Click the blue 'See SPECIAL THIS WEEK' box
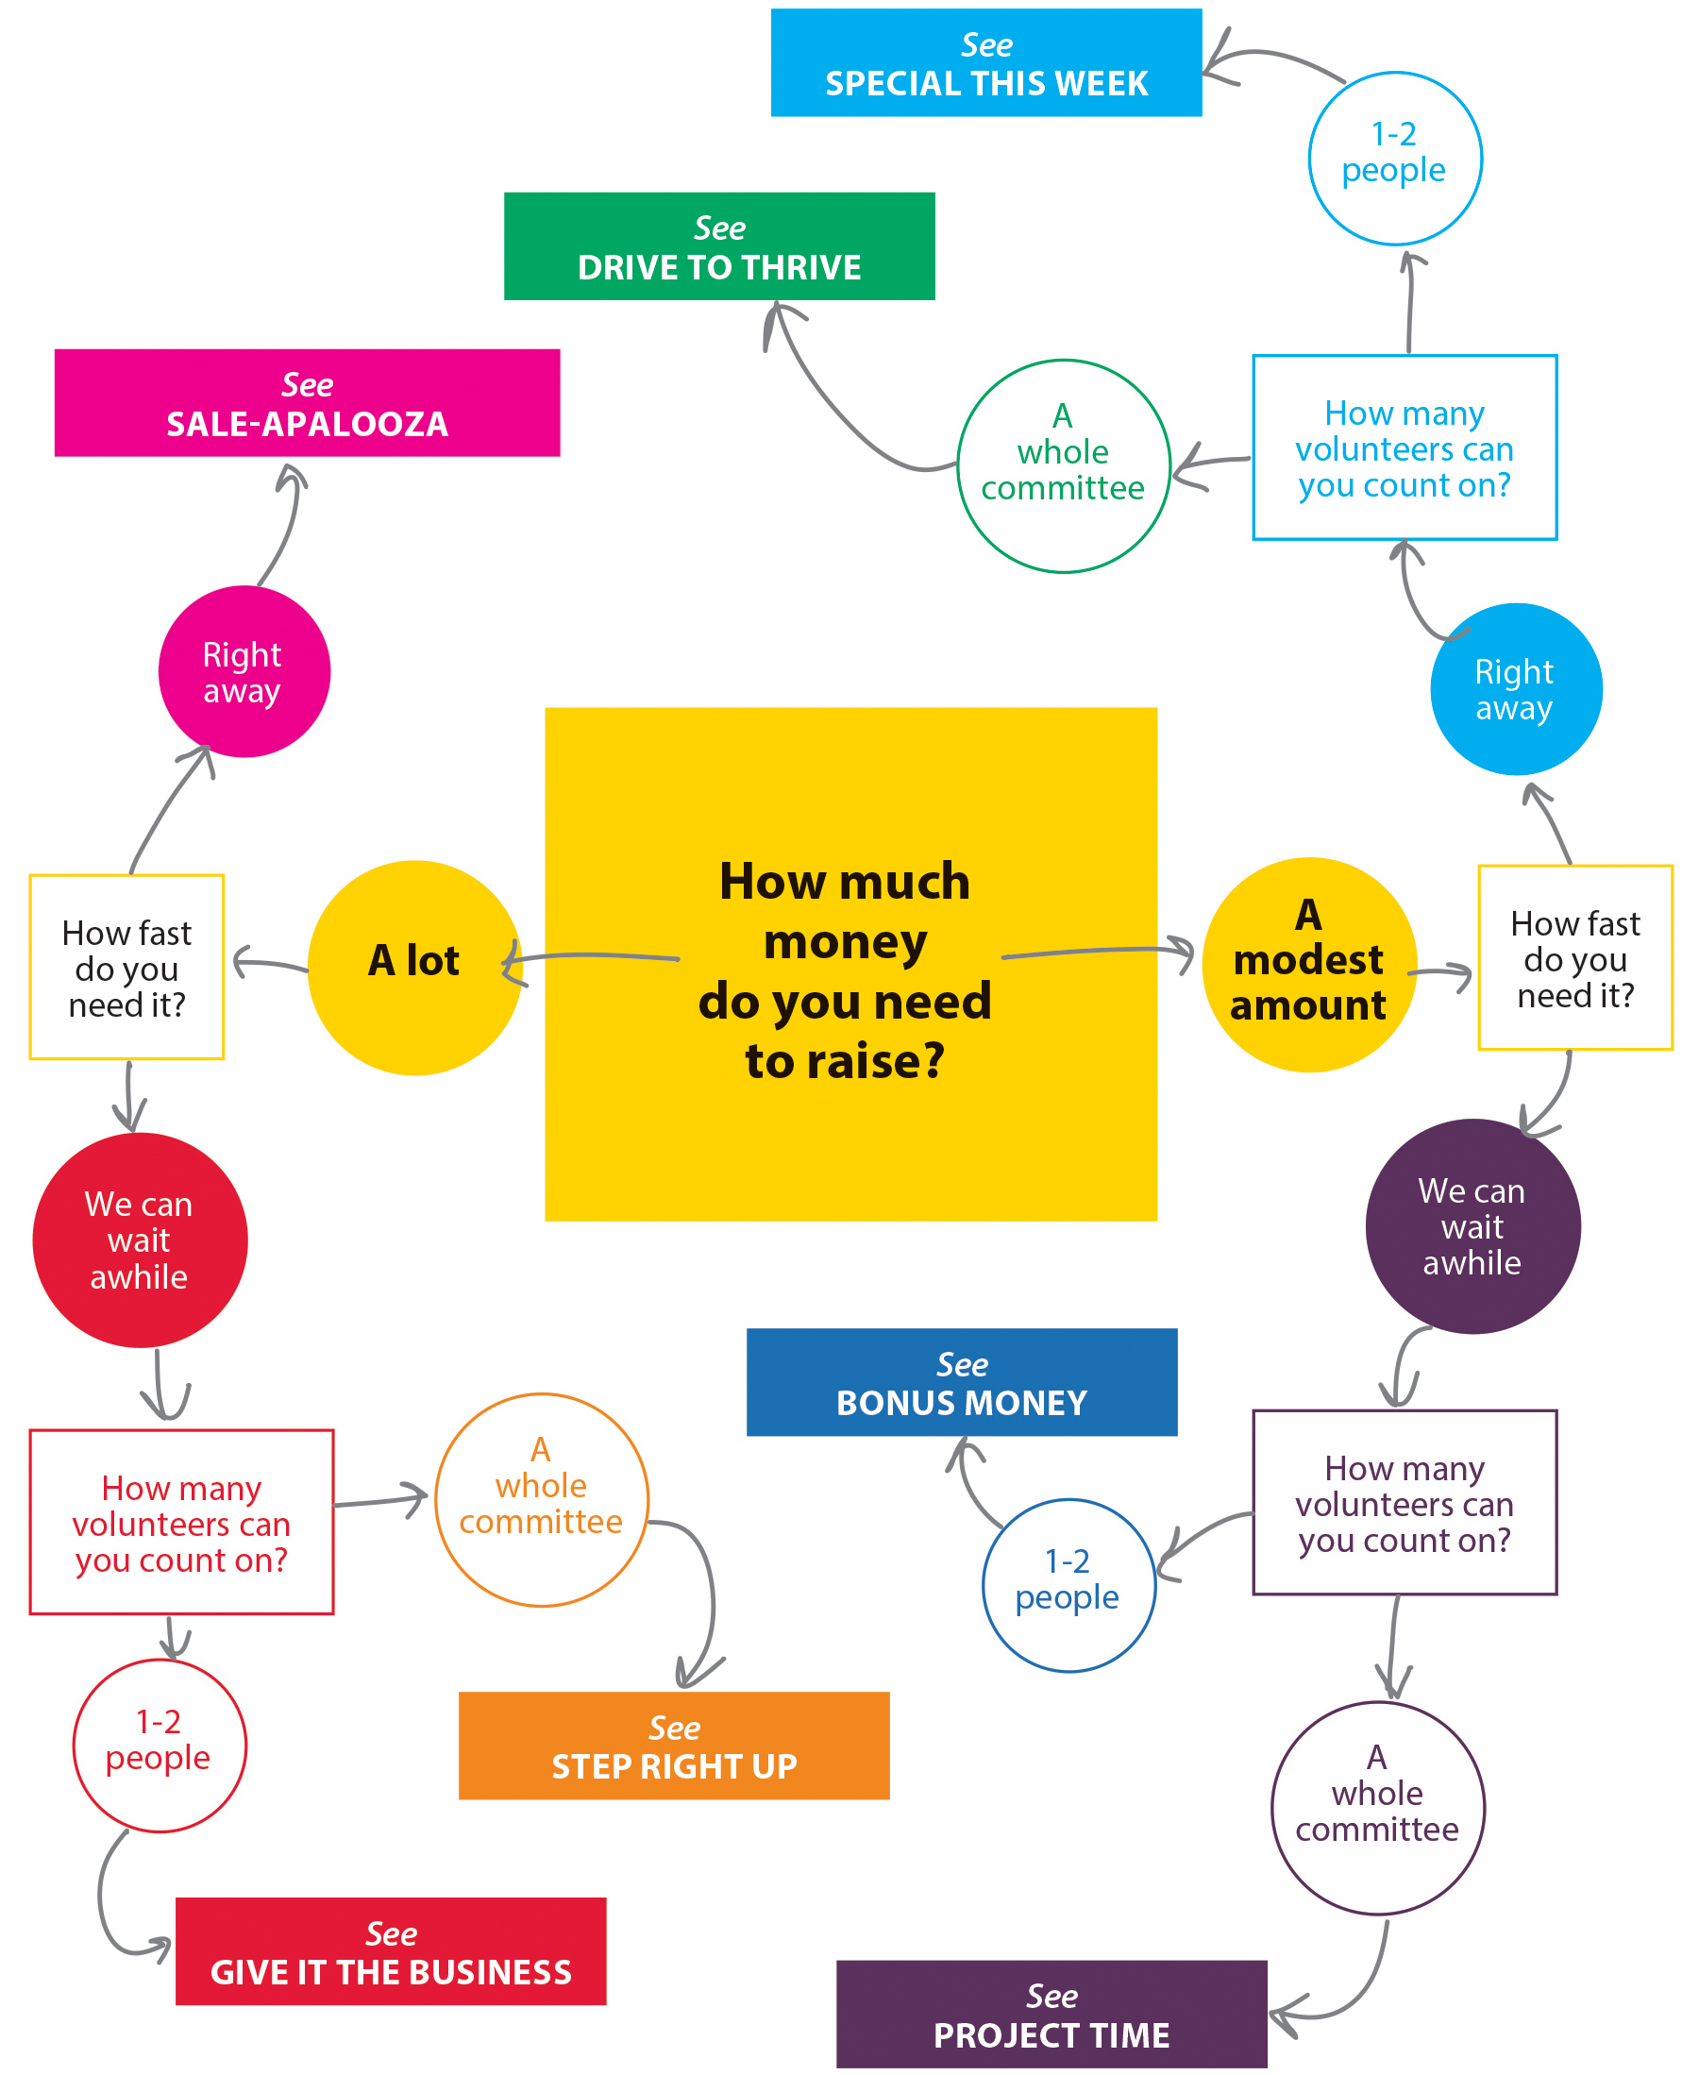pyautogui.click(x=985, y=62)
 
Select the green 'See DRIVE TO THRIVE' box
pyautogui.click(x=719, y=245)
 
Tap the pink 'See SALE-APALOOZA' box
pyautogui.click(x=308, y=402)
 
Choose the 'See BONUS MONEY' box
pyautogui.click(x=962, y=1381)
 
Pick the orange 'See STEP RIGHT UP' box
pyautogui.click(x=674, y=1746)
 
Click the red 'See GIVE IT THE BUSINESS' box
pyautogui.click(x=391, y=1950)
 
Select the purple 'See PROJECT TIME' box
pyautogui.click(x=1052, y=2014)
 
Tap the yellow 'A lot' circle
pyautogui.click(x=415, y=968)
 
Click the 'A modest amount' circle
pyautogui.click(x=1309, y=965)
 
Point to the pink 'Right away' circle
pyautogui.click(x=244, y=671)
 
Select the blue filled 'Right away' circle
pyautogui.click(x=1516, y=689)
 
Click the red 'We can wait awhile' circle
pyautogui.click(x=140, y=1240)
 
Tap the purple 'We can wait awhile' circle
pyautogui.click(x=1472, y=1226)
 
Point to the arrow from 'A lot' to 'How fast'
pyautogui.click(x=269, y=963)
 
